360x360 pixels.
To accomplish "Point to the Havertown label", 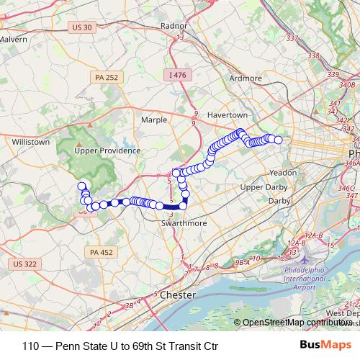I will click(x=227, y=115).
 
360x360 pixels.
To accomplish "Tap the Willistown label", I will click(x=30, y=142).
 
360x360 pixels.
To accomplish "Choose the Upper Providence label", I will click(x=107, y=150).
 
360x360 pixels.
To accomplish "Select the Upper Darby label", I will click(x=263, y=187).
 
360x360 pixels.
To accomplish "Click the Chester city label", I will click(x=178, y=295).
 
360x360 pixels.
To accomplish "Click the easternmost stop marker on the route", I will click(x=279, y=140).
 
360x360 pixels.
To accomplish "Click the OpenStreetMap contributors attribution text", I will click(x=296, y=323).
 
